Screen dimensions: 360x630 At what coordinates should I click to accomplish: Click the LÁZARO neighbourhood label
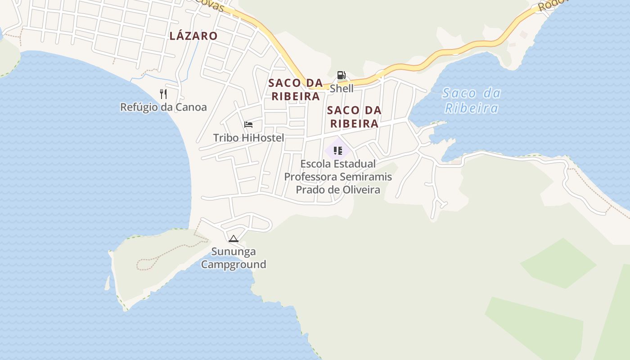tap(193, 36)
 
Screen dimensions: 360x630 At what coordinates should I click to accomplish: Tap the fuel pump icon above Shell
tap(342, 75)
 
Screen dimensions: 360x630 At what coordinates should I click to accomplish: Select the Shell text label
tap(342, 88)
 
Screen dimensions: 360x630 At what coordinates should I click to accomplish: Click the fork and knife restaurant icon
tap(163, 94)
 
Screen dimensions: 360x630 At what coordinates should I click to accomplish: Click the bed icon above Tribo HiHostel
tap(248, 125)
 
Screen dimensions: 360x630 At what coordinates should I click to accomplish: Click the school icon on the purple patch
tap(338, 150)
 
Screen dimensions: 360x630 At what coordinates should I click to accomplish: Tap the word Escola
tap(316, 164)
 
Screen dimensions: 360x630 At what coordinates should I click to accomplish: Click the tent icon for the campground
tap(233, 239)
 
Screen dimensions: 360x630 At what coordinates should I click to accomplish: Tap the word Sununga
tap(234, 252)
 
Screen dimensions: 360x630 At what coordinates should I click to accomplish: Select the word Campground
tap(234, 264)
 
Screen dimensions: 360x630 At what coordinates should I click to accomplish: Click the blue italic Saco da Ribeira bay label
tap(472, 100)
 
